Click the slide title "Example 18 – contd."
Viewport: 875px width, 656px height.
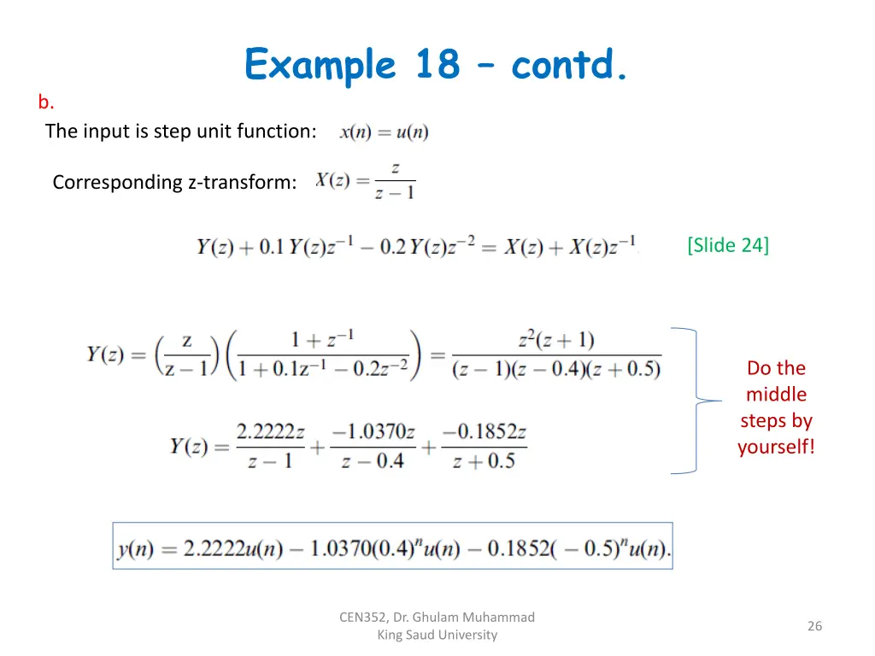(437, 65)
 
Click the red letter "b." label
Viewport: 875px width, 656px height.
(46, 102)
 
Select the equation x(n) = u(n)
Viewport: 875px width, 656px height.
(384, 132)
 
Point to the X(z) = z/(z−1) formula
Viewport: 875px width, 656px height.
(365, 181)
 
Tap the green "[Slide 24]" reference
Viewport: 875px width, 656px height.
(727, 245)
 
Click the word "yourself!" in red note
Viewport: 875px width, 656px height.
(776, 447)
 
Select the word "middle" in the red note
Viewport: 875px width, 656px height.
(776, 395)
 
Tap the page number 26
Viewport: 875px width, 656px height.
(814, 626)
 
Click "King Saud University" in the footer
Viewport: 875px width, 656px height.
(437, 635)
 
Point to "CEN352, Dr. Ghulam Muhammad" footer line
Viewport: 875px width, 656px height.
(437, 617)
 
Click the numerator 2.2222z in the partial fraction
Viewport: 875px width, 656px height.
(270, 432)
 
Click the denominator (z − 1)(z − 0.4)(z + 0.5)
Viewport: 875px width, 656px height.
(556, 369)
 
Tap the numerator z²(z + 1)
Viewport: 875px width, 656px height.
(555, 340)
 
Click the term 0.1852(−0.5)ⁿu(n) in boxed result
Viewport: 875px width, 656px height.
(578, 548)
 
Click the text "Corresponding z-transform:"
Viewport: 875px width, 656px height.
(174, 182)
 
